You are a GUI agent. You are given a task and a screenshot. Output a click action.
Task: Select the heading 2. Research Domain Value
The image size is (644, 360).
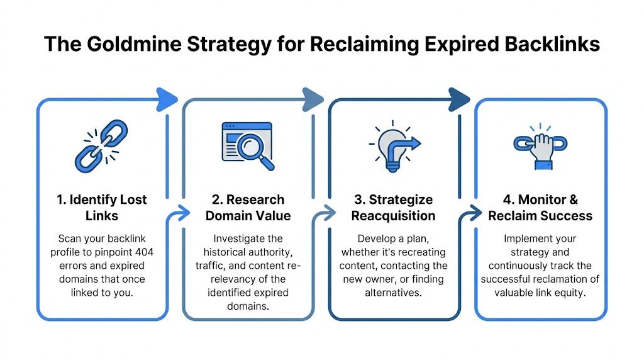[248, 208]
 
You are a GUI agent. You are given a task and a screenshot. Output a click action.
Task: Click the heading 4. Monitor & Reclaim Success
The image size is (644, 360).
[540, 208]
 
